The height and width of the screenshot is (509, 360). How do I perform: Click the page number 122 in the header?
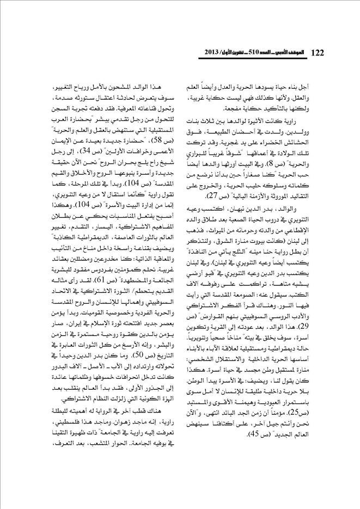point(317,52)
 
